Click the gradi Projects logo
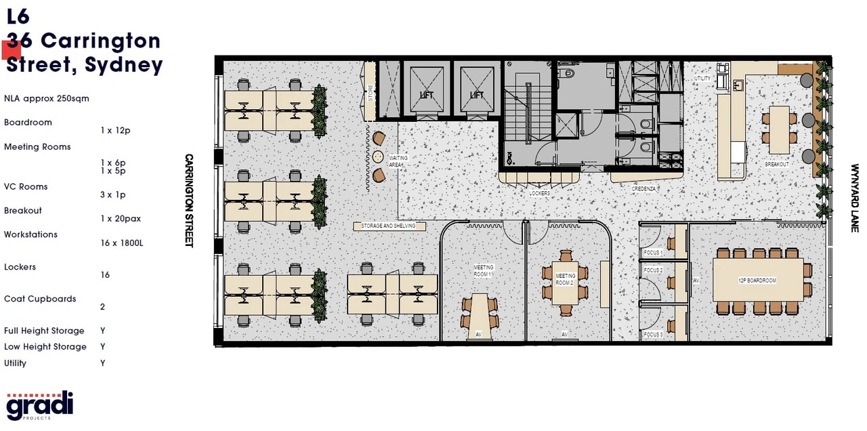[39, 405]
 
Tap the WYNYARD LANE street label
[855, 198]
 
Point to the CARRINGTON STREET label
[189, 200]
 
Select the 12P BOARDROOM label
[757, 280]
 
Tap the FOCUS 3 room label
[653, 335]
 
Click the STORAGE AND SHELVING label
[389, 226]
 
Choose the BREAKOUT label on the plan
[777, 164]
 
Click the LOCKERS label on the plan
[540, 193]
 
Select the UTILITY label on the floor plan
[702, 79]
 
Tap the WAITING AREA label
[398, 161]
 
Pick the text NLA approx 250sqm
[47, 98]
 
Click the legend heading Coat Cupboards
[40, 299]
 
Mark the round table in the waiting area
[377, 157]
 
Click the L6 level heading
[18, 16]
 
